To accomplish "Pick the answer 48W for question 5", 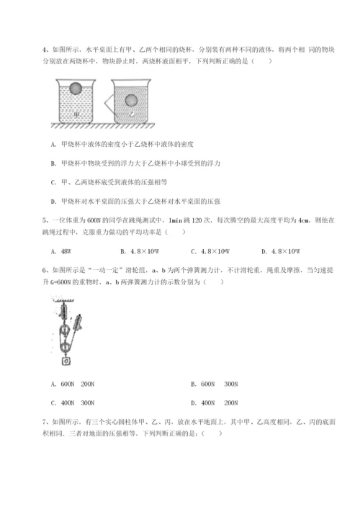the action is click(x=73, y=251).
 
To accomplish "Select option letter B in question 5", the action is click(x=123, y=251).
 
